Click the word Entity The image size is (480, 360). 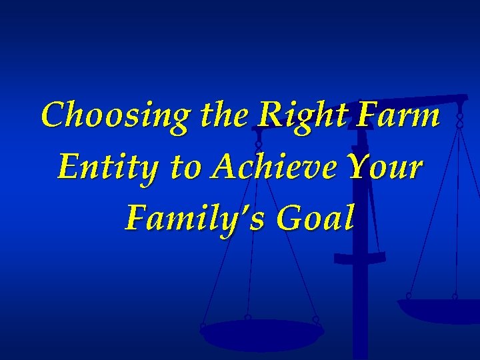[x=107, y=167]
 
